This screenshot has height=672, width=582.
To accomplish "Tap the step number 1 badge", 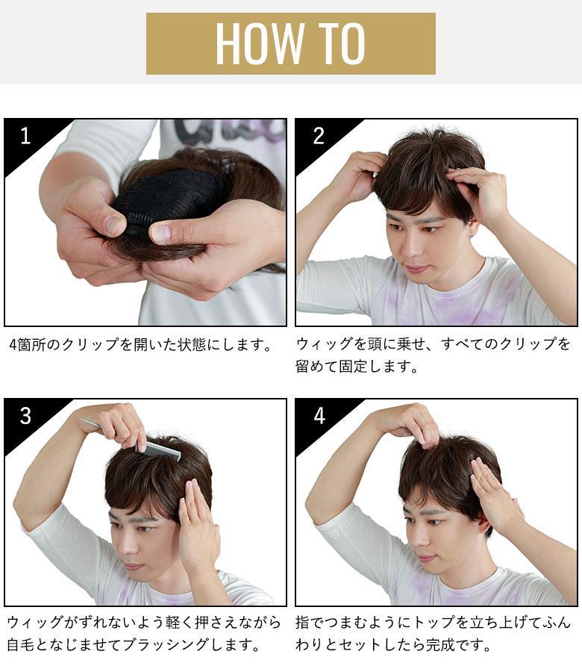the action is point(25,136).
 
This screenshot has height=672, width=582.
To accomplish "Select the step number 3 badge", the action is point(25,416).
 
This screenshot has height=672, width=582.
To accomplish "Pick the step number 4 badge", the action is point(319,416).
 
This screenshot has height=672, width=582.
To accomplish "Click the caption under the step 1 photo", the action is point(140,344).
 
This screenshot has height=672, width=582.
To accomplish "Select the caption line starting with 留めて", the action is point(357,367).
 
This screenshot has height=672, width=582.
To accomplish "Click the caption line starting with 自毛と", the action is point(134,644).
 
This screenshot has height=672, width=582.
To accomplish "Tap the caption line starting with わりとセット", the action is point(393,644).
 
